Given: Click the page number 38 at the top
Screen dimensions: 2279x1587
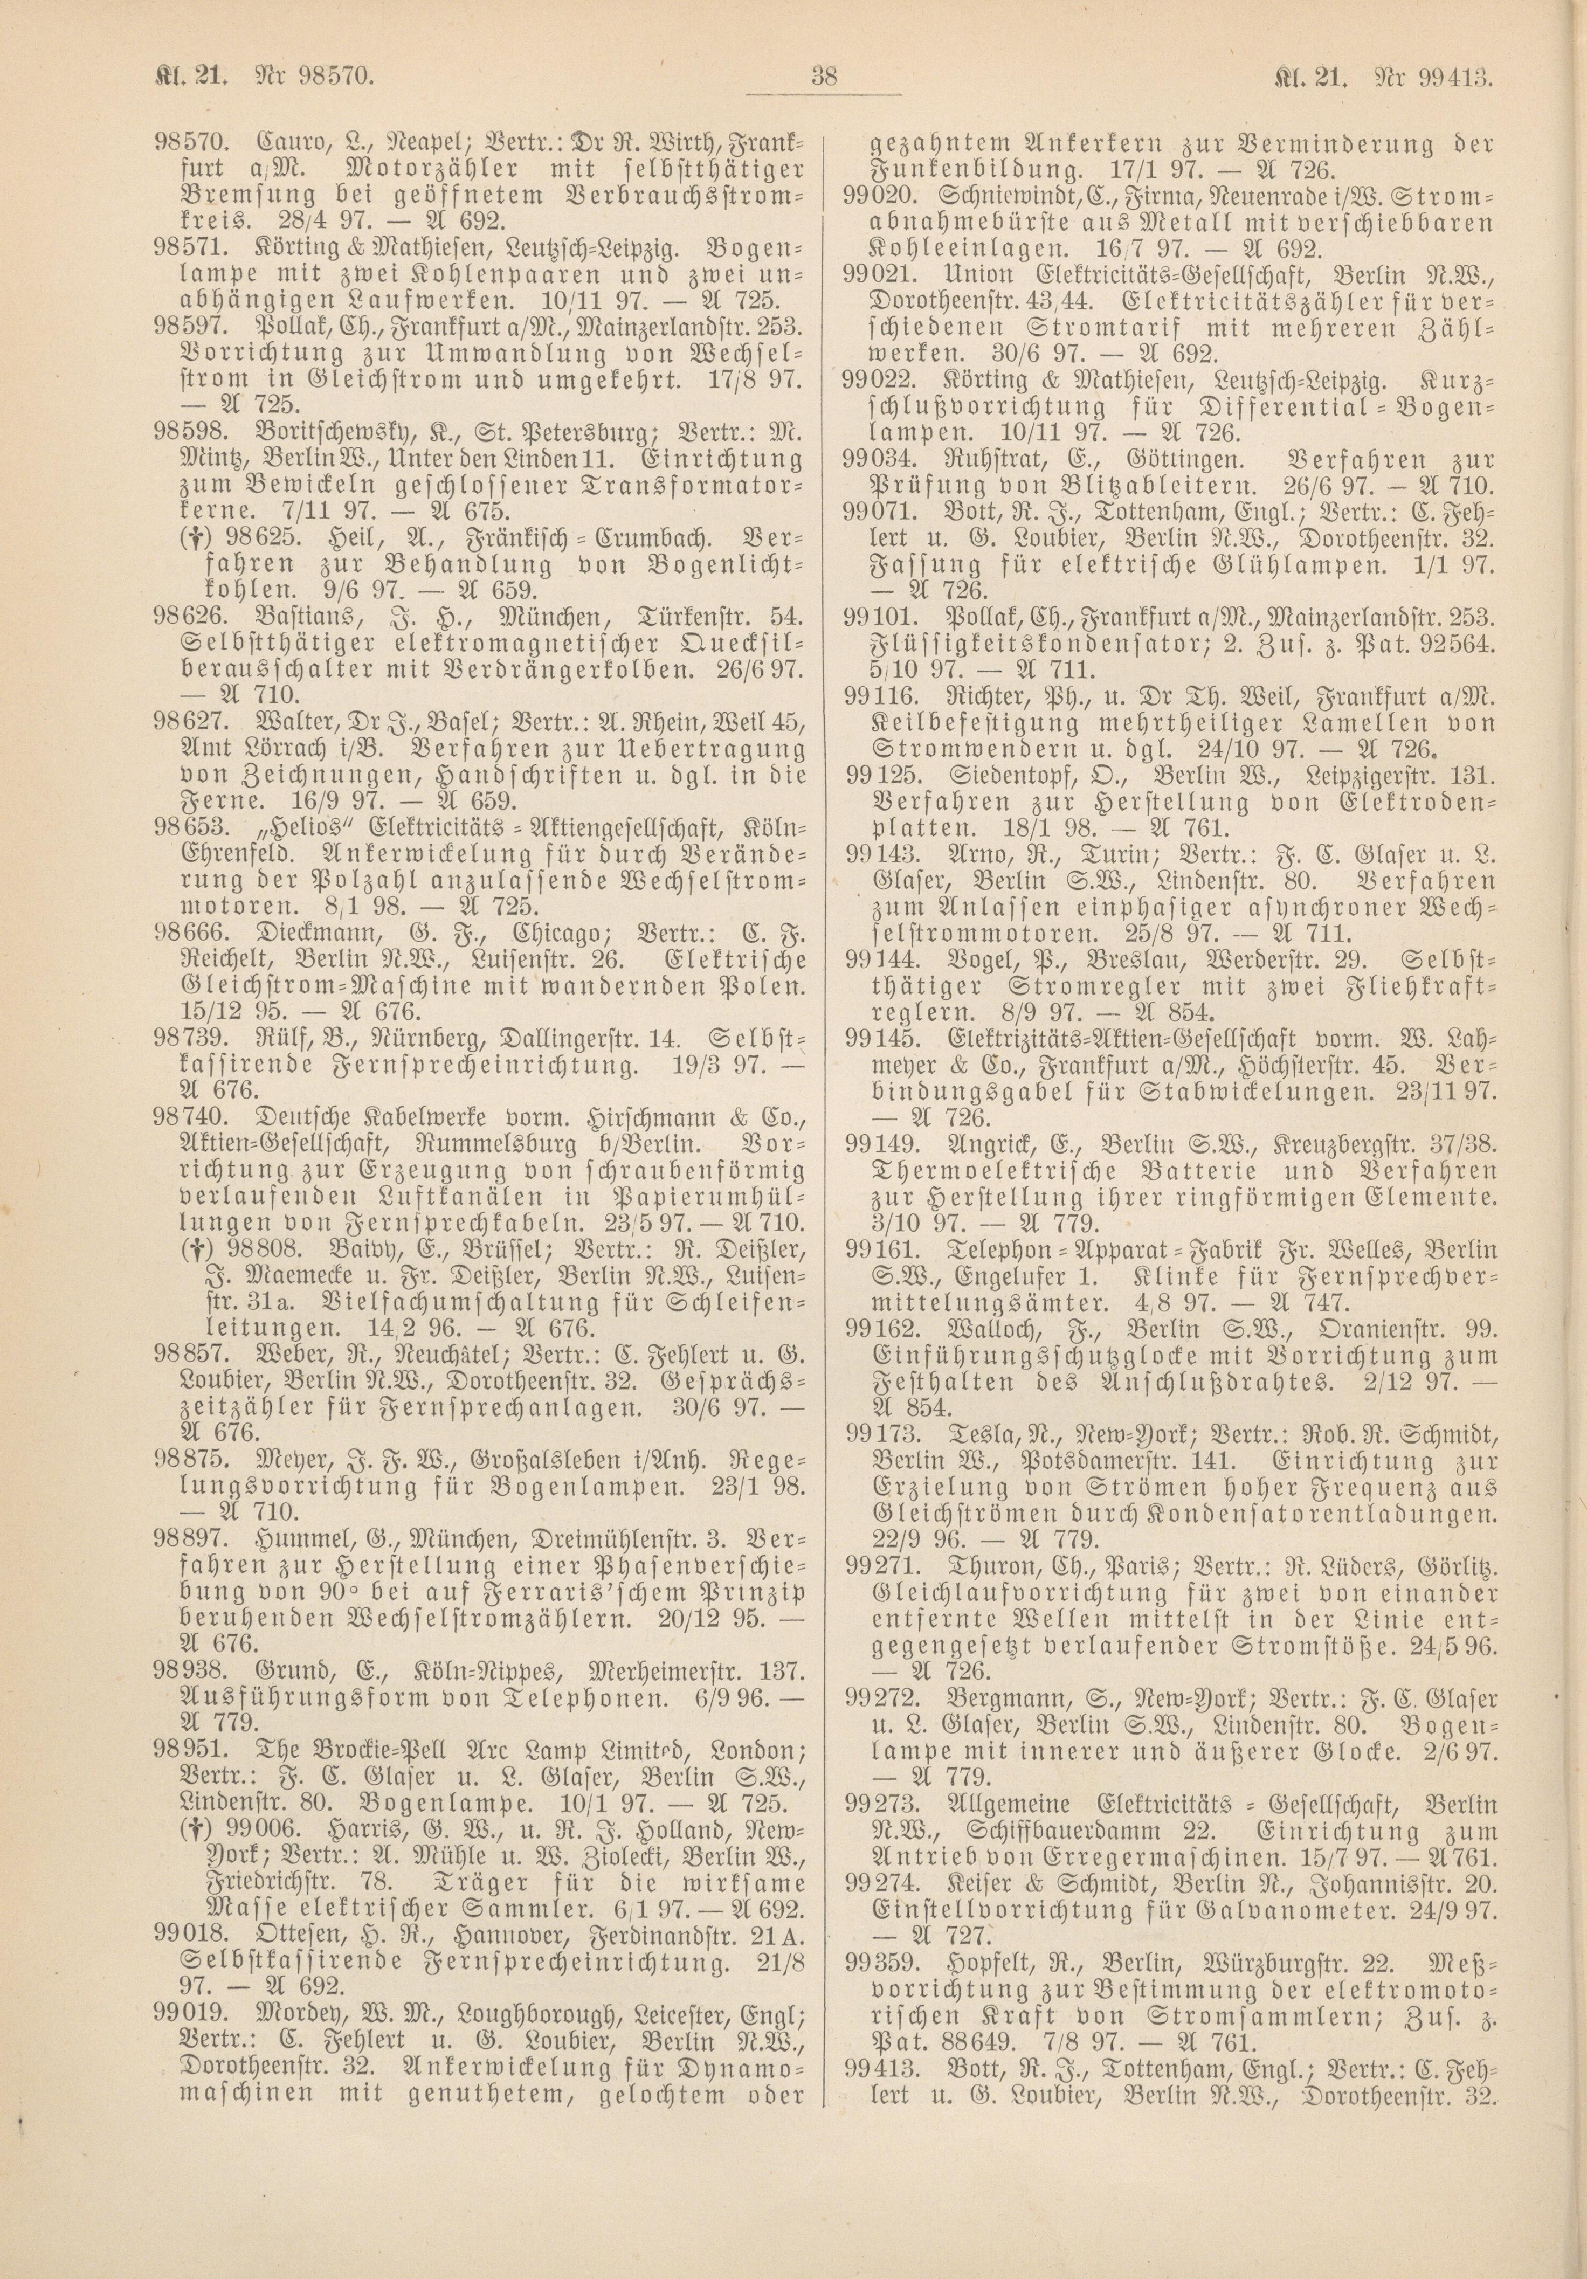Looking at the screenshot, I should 824,75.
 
